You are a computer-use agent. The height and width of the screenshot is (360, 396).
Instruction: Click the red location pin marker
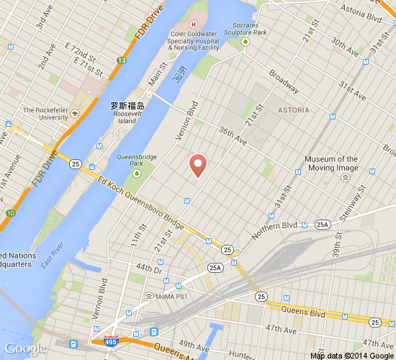point(199,165)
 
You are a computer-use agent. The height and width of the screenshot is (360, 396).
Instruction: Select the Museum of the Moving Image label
point(330,163)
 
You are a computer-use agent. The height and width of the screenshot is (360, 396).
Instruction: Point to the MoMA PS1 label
point(171,297)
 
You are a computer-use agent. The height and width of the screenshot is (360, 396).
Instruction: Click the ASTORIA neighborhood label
point(293,110)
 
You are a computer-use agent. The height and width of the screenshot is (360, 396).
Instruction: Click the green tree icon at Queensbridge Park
point(134,168)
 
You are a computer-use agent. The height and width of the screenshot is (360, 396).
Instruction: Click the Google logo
point(25,348)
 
